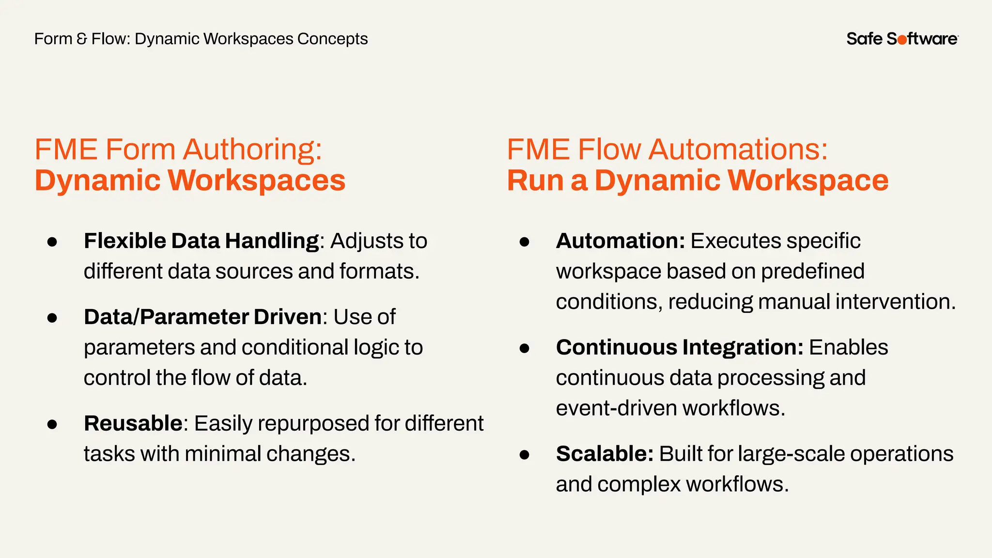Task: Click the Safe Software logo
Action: [x=902, y=39]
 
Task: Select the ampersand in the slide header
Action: [x=82, y=39]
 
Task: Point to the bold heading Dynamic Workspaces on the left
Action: [x=190, y=180]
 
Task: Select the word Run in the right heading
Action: [x=535, y=180]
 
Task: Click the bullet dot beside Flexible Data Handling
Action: [x=52, y=242]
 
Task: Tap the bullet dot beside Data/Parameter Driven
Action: [x=52, y=318]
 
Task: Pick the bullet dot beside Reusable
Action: [x=52, y=424]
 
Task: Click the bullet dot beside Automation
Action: [x=524, y=242]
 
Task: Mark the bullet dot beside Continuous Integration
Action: [x=524, y=348]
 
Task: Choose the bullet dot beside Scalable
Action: [x=524, y=455]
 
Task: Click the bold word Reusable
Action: [x=133, y=423]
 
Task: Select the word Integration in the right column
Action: [x=743, y=347]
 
